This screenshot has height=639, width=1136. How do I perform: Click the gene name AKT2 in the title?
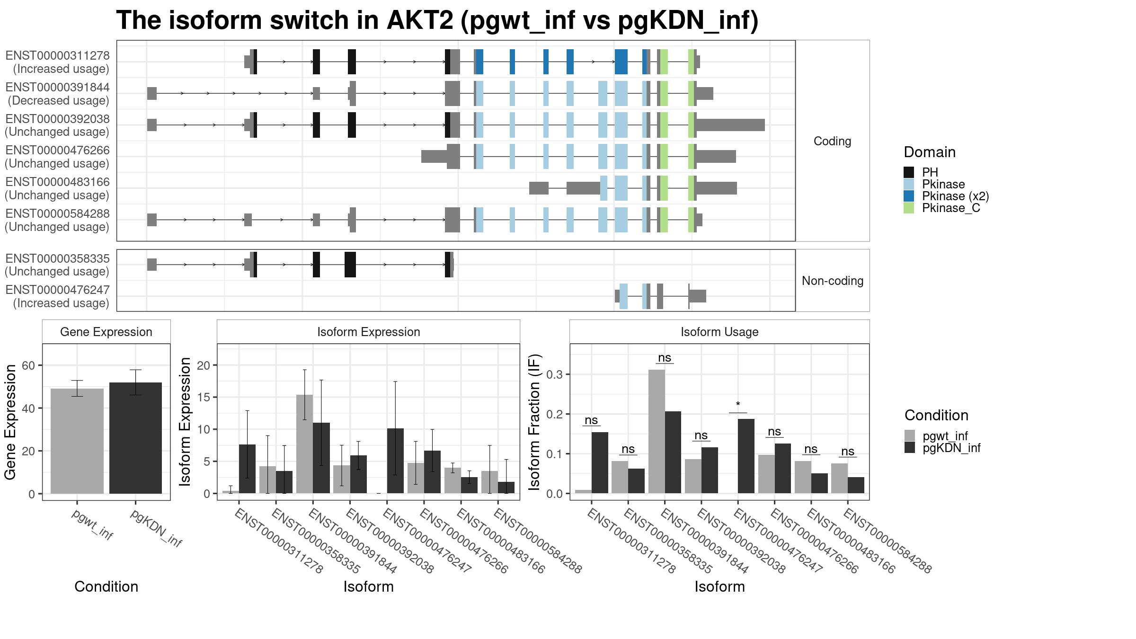click(420, 20)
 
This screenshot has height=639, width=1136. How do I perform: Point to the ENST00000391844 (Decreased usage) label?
click(57, 94)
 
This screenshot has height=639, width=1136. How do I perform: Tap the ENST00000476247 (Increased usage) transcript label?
click(57, 296)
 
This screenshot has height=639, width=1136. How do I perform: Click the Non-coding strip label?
click(833, 281)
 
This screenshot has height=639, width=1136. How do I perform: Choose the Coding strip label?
click(832, 141)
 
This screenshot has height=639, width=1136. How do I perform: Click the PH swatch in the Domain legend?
click(909, 172)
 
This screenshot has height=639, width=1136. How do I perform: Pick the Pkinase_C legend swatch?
click(909, 208)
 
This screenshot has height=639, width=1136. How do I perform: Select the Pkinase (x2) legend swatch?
click(909, 196)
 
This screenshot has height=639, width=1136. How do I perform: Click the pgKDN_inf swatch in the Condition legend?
click(910, 448)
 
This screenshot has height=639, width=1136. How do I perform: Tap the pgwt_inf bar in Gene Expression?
click(77, 441)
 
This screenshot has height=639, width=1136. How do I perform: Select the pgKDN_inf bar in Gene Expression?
click(135, 438)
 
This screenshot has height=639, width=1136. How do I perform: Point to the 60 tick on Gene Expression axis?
click(28, 365)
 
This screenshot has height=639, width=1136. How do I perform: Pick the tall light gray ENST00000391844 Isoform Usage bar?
click(657, 432)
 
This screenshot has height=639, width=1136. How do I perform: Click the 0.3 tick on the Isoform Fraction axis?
click(555, 374)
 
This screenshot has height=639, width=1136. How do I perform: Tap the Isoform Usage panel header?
click(719, 332)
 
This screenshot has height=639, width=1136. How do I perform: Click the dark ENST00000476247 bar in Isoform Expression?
click(395, 461)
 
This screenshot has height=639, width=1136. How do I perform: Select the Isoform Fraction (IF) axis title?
click(535, 422)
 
